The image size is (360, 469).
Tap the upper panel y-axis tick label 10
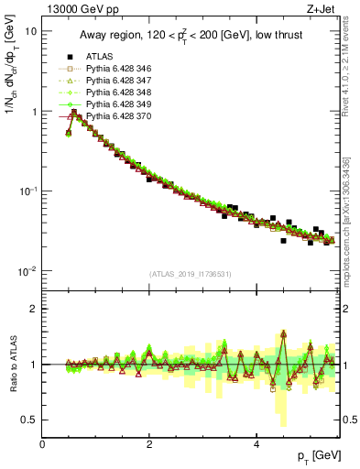tap(30, 31)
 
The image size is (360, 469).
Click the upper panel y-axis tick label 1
tap(33, 112)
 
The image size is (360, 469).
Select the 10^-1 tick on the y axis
tap(27, 191)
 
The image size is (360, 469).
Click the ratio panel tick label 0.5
tap(28, 420)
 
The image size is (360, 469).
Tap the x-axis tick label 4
tap(256, 444)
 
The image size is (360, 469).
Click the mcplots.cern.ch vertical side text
tap(350, 211)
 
